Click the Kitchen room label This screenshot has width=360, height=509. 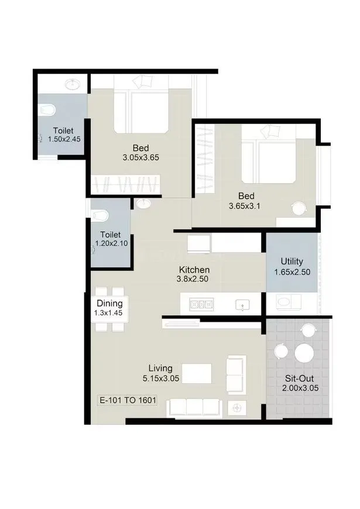(194, 270)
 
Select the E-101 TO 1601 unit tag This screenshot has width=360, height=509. (126, 401)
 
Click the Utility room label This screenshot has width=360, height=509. (292, 262)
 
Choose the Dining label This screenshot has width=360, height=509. (109, 304)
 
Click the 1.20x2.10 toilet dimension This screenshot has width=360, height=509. (112, 244)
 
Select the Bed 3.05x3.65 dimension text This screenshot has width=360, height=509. (141, 157)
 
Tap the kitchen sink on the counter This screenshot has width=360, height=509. (241, 305)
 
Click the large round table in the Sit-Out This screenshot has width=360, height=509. (304, 353)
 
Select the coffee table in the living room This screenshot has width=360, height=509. (197, 373)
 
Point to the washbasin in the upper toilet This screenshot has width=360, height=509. (73, 84)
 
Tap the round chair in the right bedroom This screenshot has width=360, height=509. (300, 208)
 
